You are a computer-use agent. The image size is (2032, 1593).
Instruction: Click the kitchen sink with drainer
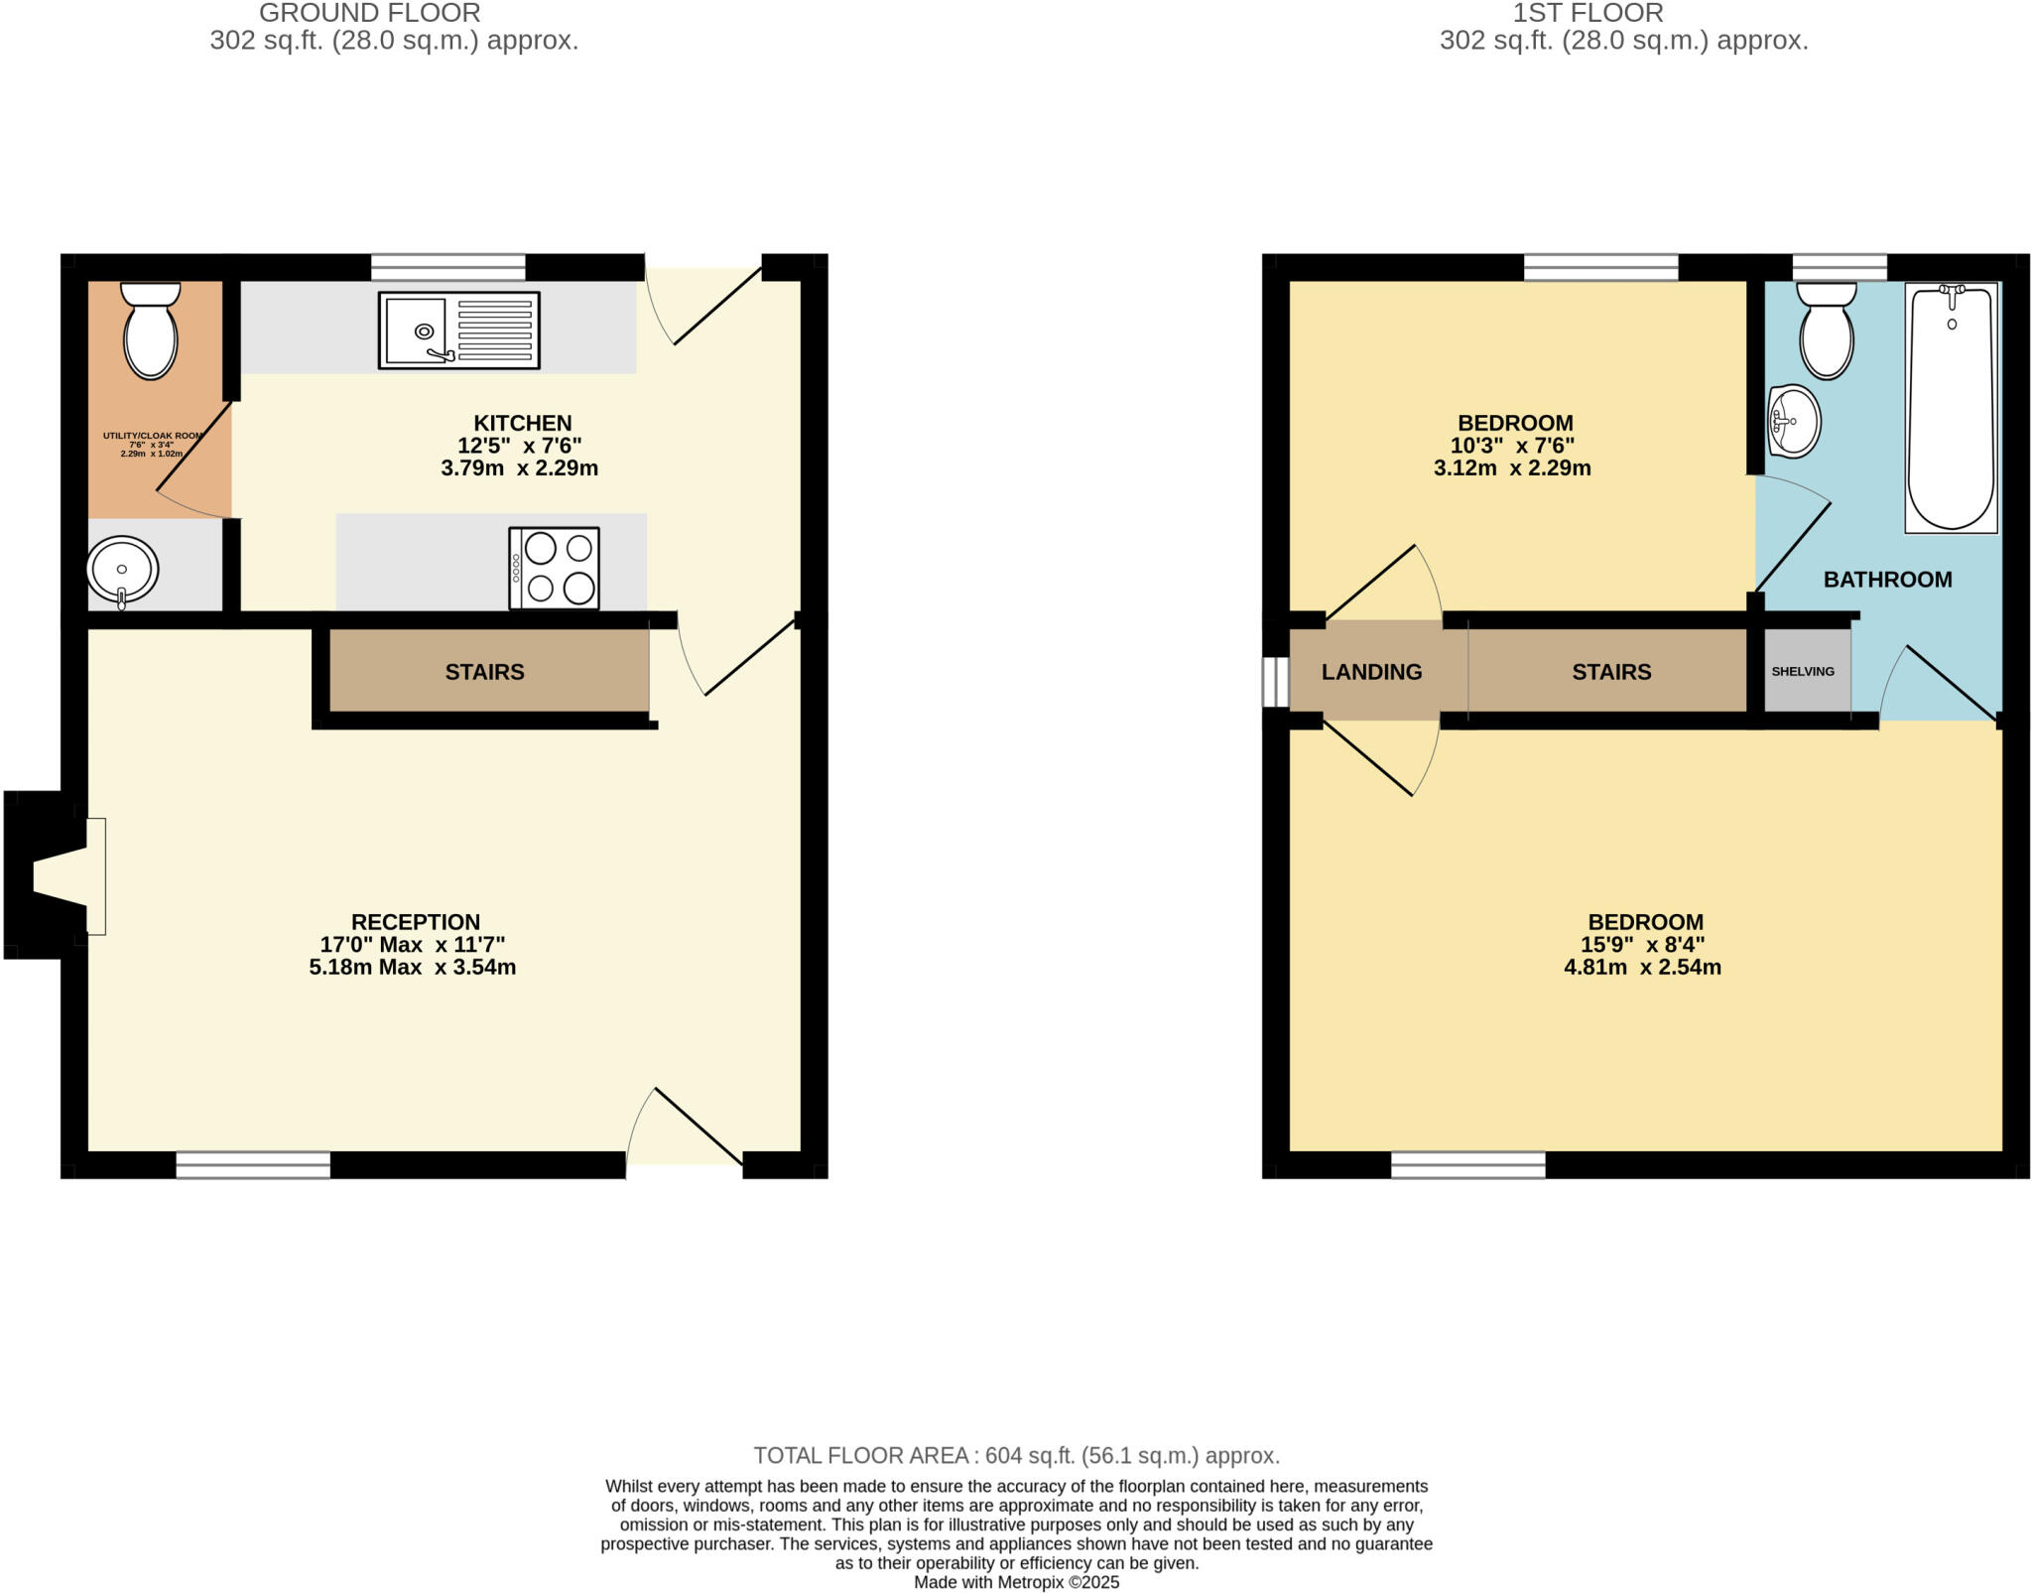[x=458, y=331]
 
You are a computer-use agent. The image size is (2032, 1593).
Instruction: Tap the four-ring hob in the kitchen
[x=554, y=568]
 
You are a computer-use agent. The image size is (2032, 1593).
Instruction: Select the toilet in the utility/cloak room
[x=150, y=330]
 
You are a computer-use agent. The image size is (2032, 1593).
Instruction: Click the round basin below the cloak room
[x=122, y=570]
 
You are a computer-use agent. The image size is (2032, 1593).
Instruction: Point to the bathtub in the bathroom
[x=1951, y=407]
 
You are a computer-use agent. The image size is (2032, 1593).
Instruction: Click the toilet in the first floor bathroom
[x=1827, y=331]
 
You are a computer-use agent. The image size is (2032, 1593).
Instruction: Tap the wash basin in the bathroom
[x=1794, y=422]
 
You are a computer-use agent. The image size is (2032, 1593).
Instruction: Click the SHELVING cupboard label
[x=1803, y=672]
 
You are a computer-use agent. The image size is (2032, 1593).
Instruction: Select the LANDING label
[x=1371, y=672]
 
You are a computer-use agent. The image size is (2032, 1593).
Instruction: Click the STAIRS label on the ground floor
[x=484, y=672]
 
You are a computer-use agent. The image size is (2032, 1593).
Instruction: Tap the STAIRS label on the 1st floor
[x=1611, y=672]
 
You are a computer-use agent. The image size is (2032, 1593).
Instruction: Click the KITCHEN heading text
[x=522, y=423]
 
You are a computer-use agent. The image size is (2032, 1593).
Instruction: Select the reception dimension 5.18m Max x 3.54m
[x=412, y=967]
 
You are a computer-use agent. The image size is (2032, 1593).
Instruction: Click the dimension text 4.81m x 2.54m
[x=1642, y=967]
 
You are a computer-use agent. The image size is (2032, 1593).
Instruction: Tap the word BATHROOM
[x=1887, y=580]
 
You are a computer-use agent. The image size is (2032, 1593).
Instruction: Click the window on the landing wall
[x=1274, y=682]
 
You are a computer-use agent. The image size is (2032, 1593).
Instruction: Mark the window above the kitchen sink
[x=447, y=267]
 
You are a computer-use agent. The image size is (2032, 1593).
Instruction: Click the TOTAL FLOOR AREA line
[x=1016, y=1455]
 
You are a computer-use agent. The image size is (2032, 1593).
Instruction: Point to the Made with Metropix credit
[x=1016, y=1582]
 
